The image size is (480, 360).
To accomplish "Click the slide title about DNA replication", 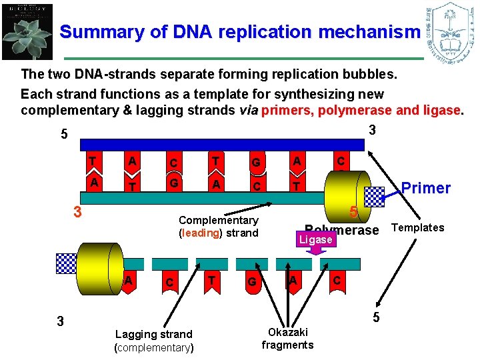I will click(x=240, y=31).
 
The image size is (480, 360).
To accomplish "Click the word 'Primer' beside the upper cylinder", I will click(x=426, y=188).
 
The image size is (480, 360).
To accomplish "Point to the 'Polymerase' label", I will click(x=341, y=229).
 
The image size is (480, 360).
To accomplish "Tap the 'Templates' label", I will click(x=417, y=228).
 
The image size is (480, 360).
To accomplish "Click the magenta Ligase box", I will click(x=315, y=239).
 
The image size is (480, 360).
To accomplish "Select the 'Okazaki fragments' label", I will click(x=287, y=338).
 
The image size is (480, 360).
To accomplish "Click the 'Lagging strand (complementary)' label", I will click(x=154, y=341).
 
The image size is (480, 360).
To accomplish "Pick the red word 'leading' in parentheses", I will click(x=199, y=233).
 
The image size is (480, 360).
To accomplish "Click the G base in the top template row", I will click(x=255, y=163).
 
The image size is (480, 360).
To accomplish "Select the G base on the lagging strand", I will click(x=251, y=282).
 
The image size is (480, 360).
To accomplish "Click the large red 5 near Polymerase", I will click(x=353, y=213).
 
